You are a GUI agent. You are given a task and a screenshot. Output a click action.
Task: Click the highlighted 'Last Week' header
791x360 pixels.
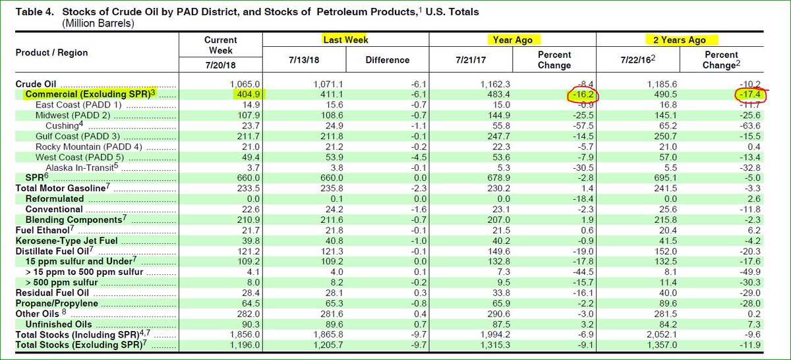[x=345, y=40]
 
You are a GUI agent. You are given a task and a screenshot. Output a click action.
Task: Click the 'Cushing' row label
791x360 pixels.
[x=65, y=126]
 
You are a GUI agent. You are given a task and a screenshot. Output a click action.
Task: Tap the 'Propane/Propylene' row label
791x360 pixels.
[x=57, y=303]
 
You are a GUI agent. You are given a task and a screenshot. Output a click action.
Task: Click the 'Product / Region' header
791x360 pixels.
[x=51, y=53]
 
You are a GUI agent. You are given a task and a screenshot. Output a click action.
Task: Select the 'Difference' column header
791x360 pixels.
[x=388, y=60]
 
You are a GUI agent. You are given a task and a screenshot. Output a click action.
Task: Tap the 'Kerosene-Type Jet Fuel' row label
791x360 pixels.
[x=67, y=240]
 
